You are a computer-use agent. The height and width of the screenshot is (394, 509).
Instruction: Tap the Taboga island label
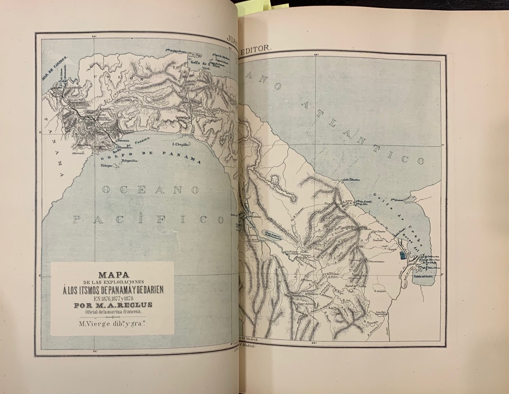(x=107, y=166)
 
